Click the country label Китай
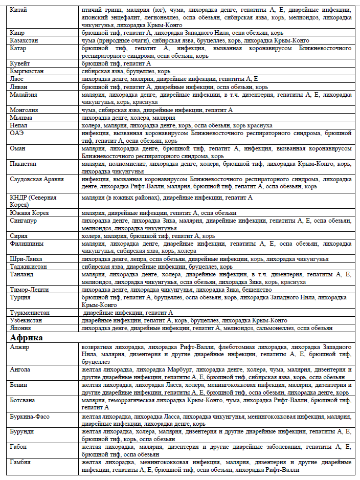(18, 10)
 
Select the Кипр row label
(17, 32)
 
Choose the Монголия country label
(24, 110)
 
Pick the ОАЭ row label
(17, 133)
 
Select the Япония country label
(21, 328)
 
